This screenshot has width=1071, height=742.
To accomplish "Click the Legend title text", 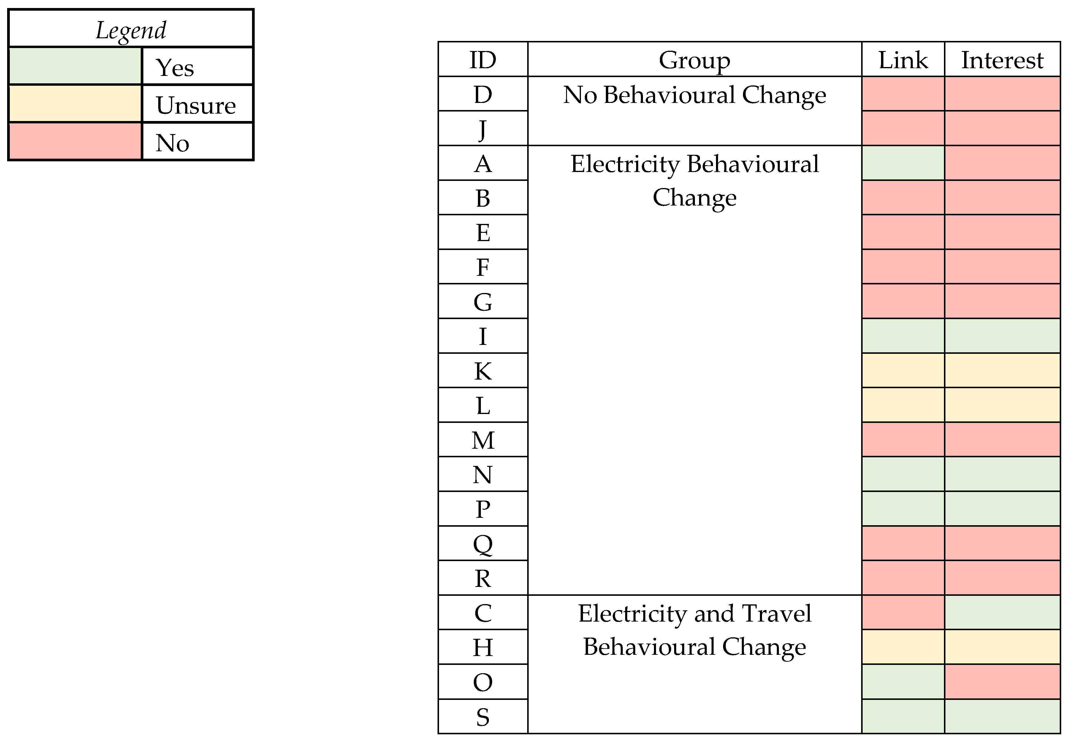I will click(x=131, y=31).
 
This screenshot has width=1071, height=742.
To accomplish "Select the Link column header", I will click(x=903, y=60).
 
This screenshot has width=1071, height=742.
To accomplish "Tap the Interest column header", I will click(x=1002, y=60).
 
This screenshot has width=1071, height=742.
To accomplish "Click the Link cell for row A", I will click(x=903, y=163).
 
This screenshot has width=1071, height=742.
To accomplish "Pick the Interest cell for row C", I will click(x=1002, y=612).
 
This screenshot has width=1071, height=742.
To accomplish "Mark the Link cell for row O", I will click(x=903, y=682).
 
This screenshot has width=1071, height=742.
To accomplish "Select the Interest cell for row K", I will click(x=1002, y=370).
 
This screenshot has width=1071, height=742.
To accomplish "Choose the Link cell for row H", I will click(x=903, y=647).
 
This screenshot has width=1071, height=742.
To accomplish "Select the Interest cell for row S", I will click(x=1002, y=716).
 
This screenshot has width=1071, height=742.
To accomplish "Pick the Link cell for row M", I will click(x=903, y=439).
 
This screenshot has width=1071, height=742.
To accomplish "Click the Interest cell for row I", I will click(x=1002, y=336).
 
